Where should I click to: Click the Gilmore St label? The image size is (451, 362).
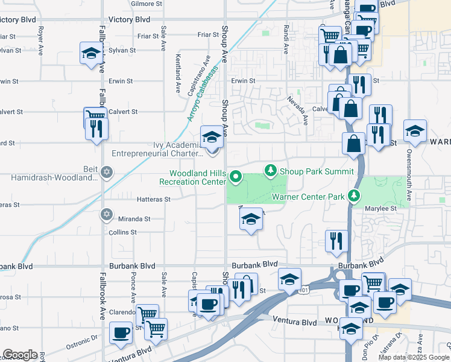pos(147,4)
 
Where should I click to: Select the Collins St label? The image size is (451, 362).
pos(123,232)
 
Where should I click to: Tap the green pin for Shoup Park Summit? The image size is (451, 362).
pos(271,171)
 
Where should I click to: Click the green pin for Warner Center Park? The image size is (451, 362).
pos(356,195)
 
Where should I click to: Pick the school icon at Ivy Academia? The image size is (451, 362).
pos(212,136)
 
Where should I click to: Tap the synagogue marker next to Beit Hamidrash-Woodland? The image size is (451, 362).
pos(107,171)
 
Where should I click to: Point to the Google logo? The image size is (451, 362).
pos(19,355)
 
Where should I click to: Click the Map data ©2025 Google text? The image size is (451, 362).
pos(413,357)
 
